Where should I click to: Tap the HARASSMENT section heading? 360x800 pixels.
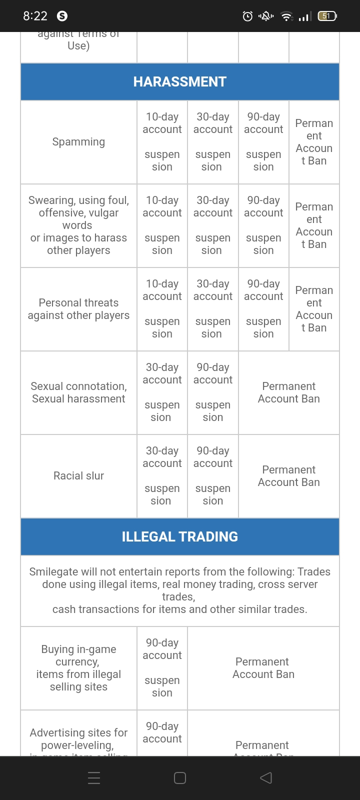(x=180, y=81)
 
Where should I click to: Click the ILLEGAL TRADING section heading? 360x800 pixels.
(x=180, y=536)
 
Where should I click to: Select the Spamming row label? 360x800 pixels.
(x=78, y=142)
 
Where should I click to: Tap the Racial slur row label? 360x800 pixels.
(x=78, y=475)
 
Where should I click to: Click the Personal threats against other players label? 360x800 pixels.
(x=78, y=309)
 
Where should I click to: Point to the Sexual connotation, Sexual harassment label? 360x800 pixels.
(x=78, y=392)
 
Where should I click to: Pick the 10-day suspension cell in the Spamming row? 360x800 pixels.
(x=162, y=142)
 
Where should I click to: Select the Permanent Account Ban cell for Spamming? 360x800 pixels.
(x=314, y=142)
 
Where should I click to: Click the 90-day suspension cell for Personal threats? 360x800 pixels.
(x=263, y=309)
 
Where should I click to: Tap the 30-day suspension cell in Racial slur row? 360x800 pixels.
(x=162, y=475)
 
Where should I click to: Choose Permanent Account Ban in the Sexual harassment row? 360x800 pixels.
(x=288, y=392)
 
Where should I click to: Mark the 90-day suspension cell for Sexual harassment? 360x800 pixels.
(x=212, y=392)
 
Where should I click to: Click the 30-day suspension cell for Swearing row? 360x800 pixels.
(x=212, y=225)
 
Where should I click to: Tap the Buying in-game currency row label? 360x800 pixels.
(x=78, y=668)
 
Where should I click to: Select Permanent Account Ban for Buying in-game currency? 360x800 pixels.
(x=263, y=668)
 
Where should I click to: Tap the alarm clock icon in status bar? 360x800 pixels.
(x=247, y=16)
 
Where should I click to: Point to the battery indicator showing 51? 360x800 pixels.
(x=326, y=16)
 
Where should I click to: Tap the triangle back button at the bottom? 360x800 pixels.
(x=266, y=777)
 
